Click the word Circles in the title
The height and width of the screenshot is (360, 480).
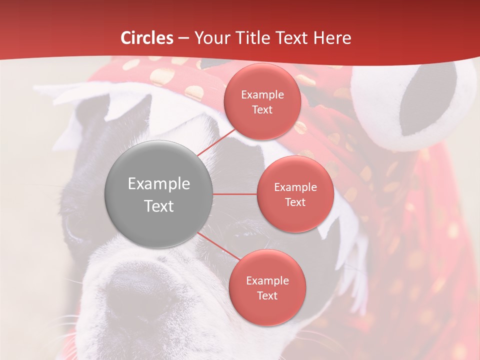(147, 38)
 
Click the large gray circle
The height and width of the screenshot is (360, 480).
(159, 194)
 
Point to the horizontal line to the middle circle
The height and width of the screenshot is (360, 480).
(235, 194)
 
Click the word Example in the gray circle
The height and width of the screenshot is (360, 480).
(159, 184)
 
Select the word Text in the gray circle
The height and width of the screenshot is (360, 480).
(159, 206)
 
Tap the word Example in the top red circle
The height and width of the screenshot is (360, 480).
(262, 95)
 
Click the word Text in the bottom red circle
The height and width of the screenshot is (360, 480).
(267, 296)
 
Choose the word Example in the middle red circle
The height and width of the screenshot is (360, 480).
(295, 187)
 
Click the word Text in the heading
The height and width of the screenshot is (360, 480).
(290, 38)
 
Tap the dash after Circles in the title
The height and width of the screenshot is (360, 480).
(183, 38)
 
